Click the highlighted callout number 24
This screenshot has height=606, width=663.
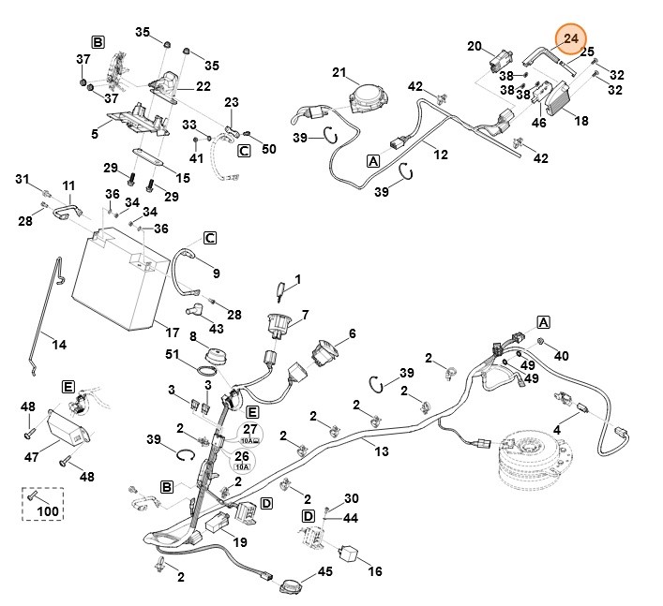click(571, 38)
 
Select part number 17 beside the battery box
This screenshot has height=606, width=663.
click(172, 333)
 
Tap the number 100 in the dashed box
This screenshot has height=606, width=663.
click(47, 512)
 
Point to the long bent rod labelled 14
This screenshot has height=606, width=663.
click(47, 309)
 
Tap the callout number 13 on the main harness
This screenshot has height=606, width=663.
click(381, 451)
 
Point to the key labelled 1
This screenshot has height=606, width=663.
click(282, 287)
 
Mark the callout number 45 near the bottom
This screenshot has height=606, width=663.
click(324, 571)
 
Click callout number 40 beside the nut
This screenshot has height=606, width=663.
click(562, 356)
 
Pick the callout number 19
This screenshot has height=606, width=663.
click(239, 541)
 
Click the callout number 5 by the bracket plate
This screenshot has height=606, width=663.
click(94, 134)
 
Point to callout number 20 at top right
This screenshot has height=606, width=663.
click(475, 46)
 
